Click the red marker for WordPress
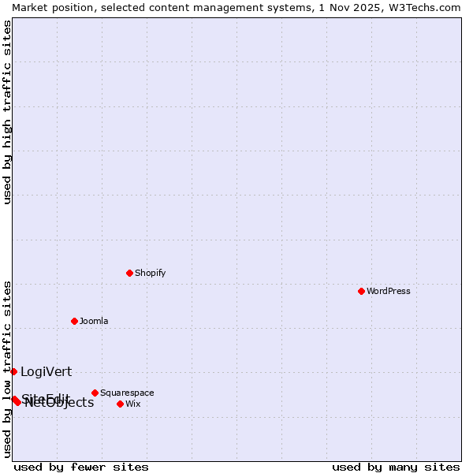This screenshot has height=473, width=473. (x=361, y=291)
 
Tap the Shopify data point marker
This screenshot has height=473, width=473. (x=129, y=273)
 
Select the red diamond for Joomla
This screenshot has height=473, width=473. (x=74, y=321)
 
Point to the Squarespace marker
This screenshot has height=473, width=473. (x=95, y=393)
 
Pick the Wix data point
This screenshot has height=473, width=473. (x=120, y=404)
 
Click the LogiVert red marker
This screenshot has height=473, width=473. (x=13, y=371)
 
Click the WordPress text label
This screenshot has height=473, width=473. (x=389, y=291)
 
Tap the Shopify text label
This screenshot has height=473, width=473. (x=150, y=273)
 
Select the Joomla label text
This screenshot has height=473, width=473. (x=94, y=321)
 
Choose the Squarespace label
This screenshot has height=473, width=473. (x=127, y=393)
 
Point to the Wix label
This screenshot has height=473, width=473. (x=132, y=404)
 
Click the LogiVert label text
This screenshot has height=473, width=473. (x=46, y=371)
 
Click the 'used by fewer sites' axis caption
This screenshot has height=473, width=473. (x=81, y=467)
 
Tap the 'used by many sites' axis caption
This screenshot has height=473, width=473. (x=396, y=467)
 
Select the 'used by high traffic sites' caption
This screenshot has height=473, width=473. (x=7, y=112)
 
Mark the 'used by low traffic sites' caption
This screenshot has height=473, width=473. (x=7, y=369)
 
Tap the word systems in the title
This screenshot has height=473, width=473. (x=288, y=6)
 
